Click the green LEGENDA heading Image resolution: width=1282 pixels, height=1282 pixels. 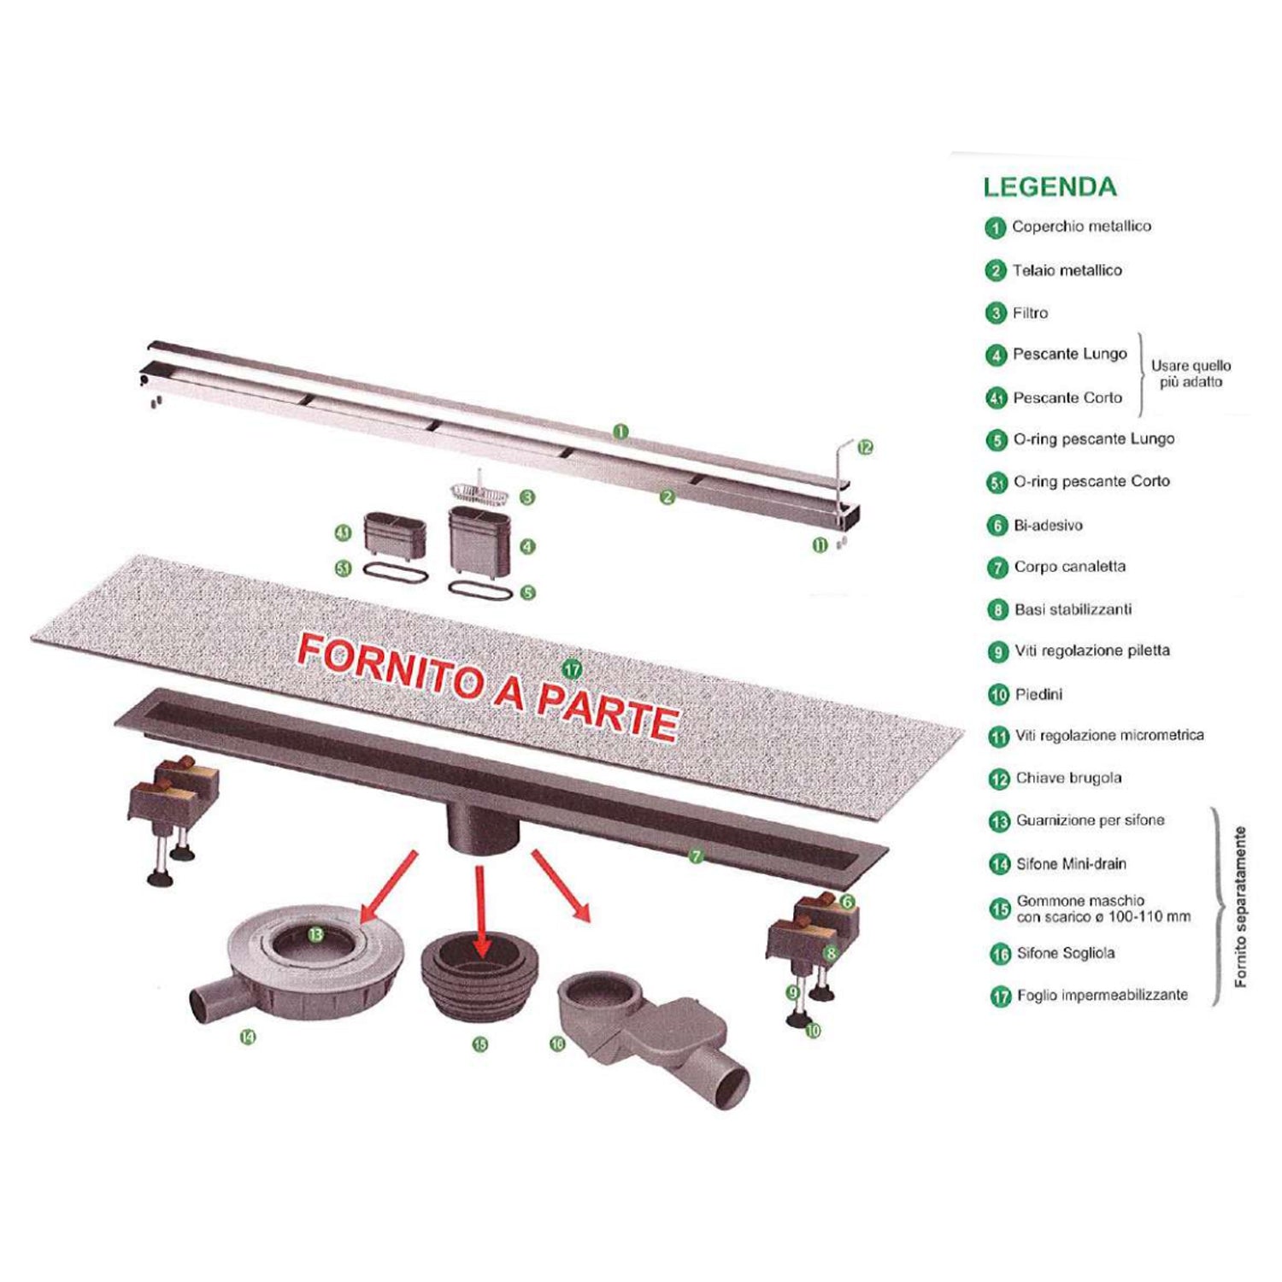[1050, 187]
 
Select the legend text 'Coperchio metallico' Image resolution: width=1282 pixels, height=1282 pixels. [1081, 226]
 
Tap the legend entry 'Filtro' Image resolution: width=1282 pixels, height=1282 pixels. [1030, 313]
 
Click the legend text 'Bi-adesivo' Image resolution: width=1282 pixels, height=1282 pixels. [1048, 525]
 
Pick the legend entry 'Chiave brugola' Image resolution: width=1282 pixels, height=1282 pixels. [1068, 778]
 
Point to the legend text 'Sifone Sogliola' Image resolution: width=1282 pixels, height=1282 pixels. [1065, 953]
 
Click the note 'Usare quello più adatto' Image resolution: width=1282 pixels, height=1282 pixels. [1191, 373]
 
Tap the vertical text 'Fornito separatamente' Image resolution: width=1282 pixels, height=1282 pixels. [1241, 907]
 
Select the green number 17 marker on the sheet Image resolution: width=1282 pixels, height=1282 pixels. [572, 668]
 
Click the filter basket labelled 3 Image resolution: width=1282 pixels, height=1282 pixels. [479, 492]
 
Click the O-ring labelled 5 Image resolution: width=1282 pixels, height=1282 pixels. [480, 590]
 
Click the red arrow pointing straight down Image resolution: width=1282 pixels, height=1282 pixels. [480, 910]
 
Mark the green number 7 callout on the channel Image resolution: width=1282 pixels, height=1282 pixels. [697, 856]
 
